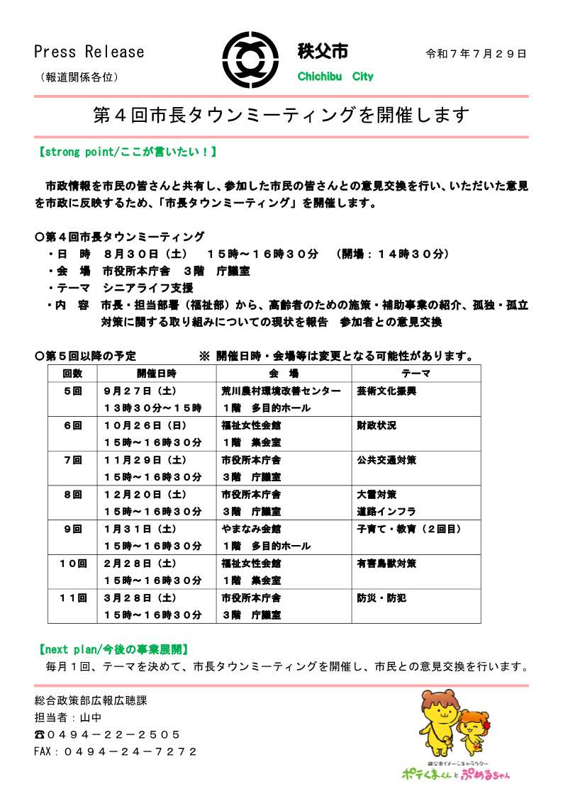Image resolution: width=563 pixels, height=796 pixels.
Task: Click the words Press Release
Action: click(x=89, y=52)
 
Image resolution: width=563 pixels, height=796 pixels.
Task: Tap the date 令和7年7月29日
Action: click(x=476, y=54)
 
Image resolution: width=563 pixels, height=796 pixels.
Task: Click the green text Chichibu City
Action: click(x=335, y=77)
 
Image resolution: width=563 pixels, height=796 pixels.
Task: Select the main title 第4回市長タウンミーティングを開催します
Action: click(x=281, y=116)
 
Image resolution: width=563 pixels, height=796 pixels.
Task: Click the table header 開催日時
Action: click(x=157, y=373)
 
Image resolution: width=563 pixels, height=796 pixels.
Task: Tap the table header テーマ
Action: click(x=416, y=373)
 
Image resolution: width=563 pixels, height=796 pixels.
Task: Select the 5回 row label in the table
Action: click(x=72, y=391)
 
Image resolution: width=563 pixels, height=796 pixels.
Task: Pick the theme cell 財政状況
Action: click(x=377, y=425)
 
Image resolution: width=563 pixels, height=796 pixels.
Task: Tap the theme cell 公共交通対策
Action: click(x=386, y=459)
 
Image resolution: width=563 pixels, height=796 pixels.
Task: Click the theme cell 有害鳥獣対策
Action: click(x=386, y=564)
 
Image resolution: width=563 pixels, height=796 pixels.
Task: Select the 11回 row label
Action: click(x=72, y=598)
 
